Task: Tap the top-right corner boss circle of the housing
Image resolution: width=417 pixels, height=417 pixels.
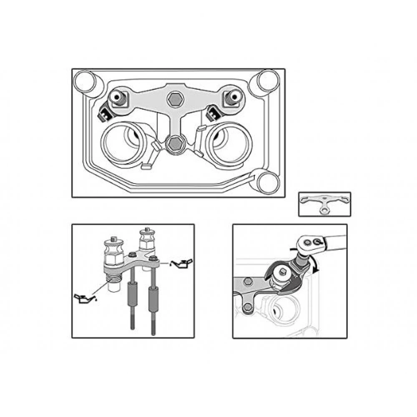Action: tap(267, 80)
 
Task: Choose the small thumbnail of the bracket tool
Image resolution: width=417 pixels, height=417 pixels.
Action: tap(324, 204)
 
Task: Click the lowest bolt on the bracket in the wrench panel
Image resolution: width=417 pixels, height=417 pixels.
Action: tap(249, 308)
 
